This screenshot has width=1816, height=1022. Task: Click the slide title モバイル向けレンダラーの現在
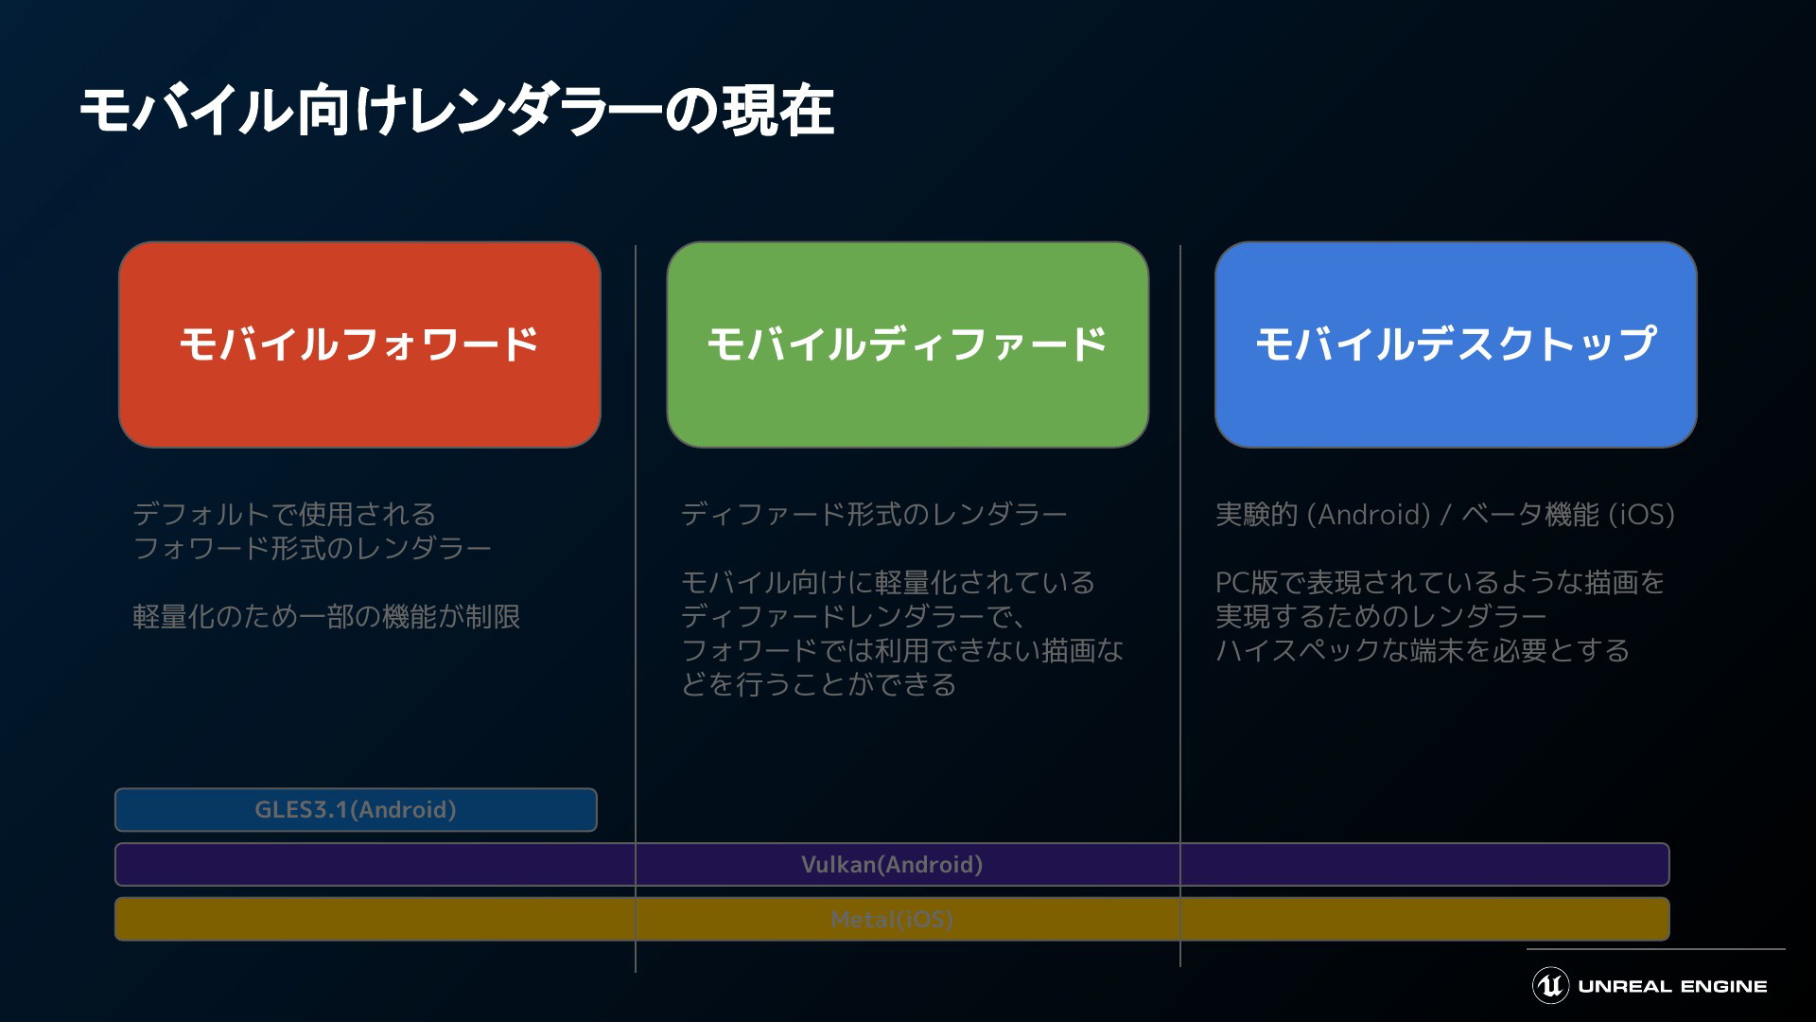(457, 111)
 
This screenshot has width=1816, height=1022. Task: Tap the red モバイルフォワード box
(359, 344)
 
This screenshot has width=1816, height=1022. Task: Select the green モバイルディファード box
(907, 344)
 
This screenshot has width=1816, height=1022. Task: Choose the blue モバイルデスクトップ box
(1456, 344)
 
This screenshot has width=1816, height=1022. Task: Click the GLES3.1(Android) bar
(356, 810)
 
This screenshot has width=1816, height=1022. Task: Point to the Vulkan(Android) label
(892, 865)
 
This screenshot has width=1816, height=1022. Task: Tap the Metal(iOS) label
(892, 919)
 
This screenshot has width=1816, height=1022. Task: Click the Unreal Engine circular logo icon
(1550, 985)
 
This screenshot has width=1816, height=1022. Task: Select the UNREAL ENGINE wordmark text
(1672, 986)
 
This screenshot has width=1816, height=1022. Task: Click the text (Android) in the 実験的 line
(1369, 515)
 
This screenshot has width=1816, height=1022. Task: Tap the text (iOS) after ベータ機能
(1641, 515)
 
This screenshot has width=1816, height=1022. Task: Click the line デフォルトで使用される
(284, 515)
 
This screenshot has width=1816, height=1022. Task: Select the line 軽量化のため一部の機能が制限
(326, 617)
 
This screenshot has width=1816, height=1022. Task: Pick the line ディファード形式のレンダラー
(874, 515)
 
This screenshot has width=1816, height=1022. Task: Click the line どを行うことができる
(819, 684)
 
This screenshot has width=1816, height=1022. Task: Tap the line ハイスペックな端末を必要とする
(1423, 651)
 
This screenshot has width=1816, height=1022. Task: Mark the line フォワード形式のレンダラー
(312, 549)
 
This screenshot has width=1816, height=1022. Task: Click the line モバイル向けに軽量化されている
(888, 582)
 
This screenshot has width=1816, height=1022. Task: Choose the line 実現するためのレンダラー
(1381, 617)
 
